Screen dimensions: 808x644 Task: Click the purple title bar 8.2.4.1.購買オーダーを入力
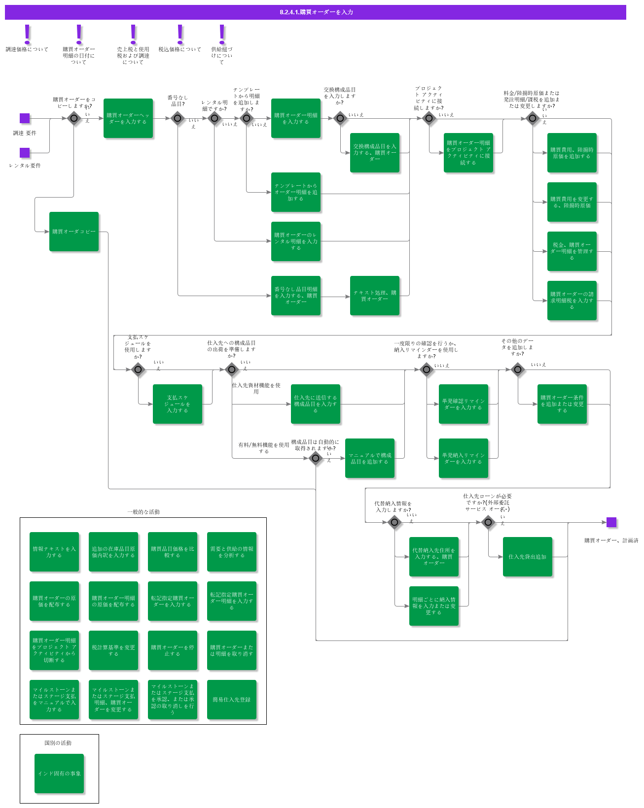(x=316, y=12)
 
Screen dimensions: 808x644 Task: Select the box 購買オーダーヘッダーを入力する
(x=128, y=118)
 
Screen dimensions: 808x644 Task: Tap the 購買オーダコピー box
(x=74, y=232)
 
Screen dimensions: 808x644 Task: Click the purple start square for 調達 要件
(x=25, y=118)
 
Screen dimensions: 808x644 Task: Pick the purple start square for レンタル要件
(x=25, y=153)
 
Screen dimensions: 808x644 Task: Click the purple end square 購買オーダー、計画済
(x=611, y=522)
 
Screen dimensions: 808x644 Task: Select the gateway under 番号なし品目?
(x=178, y=118)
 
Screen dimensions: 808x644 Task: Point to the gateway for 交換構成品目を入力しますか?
(x=340, y=118)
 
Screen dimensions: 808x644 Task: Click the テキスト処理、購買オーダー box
(x=375, y=296)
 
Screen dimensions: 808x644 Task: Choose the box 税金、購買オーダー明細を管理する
(x=572, y=251)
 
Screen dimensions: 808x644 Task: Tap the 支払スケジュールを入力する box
(x=178, y=404)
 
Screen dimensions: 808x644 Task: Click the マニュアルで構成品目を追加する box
(x=370, y=458)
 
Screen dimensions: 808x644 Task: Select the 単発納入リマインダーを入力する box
(x=464, y=458)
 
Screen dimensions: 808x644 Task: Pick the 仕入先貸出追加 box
(x=528, y=557)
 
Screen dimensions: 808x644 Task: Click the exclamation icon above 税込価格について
(x=180, y=34)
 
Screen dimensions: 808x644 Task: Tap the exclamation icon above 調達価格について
(x=27, y=34)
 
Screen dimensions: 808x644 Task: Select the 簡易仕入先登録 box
(x=232, y=700)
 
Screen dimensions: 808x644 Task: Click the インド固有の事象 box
(x=59, y=774)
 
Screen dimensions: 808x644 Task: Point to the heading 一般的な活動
(x=143, y=512)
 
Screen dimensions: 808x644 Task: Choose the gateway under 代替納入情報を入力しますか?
(x=394, y=522)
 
